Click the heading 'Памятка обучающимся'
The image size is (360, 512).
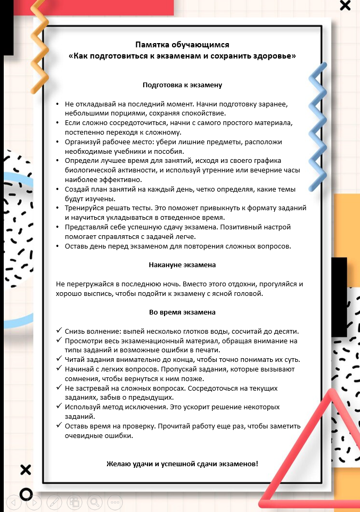point(182,45)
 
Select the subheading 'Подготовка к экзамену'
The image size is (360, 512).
point(182,85)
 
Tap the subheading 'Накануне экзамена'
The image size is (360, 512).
point(182,265)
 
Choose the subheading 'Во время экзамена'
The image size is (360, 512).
point(182,312)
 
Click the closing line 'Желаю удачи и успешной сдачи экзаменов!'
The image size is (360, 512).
point(183,464)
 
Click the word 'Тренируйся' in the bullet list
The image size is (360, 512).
point(84,208)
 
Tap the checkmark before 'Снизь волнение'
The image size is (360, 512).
point(59,331)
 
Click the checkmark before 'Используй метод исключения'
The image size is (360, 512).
point(59,407)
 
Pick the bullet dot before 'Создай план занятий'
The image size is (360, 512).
point(58,189)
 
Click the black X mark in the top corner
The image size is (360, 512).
point(345,6)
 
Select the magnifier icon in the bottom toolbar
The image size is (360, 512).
point(94,501)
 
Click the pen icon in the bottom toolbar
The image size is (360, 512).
point(54,501)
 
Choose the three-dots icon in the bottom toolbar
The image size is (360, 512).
point(114,501)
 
